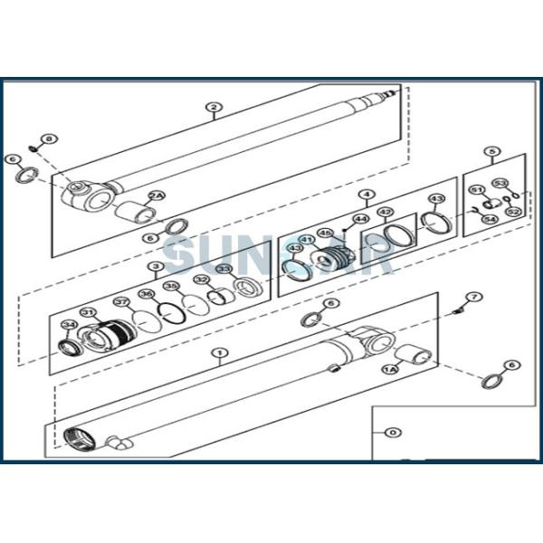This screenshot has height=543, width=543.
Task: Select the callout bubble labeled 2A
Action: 157,195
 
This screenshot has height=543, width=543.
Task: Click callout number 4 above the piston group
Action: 366,194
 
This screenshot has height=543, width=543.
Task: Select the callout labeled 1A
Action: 390,369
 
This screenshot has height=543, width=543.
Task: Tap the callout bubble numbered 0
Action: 391,433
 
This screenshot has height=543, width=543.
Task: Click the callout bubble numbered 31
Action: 88,313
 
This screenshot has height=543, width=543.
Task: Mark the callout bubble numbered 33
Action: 224,269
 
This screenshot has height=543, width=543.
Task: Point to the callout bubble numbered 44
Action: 360,218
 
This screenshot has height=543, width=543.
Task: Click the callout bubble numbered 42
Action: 386,213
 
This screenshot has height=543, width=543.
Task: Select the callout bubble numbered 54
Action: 490,218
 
